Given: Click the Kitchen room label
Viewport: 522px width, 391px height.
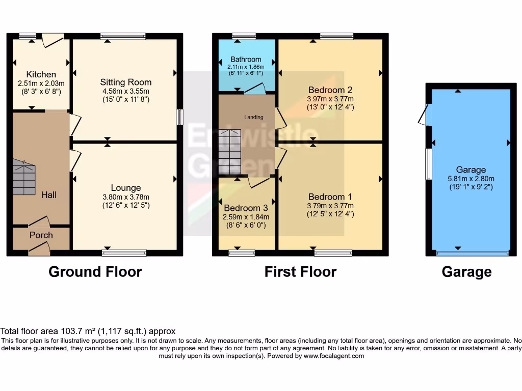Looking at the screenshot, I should point(41,74).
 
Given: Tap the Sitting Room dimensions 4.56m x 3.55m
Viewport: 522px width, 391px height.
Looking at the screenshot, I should point(125,91).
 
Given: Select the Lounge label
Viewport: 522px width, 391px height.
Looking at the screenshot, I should point(126,188).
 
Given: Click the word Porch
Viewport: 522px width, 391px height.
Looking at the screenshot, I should point(41,235).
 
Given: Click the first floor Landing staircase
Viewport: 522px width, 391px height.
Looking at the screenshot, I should point(229,152).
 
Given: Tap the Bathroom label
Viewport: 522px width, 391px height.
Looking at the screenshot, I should point(246,59).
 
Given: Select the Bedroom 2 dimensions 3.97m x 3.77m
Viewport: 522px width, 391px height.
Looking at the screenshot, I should point(330,99).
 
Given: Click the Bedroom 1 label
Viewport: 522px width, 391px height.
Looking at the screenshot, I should point(330,197).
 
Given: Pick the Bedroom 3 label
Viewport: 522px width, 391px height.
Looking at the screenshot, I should point(246,208).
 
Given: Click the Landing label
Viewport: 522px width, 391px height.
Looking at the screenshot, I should point(254,117).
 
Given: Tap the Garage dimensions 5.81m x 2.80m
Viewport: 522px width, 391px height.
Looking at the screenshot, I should point(471,179).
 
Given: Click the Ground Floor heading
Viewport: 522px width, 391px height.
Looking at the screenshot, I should point(95,272).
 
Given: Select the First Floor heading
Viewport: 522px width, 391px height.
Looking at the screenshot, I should point(300,272).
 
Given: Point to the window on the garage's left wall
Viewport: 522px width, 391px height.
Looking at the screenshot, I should point(429,164).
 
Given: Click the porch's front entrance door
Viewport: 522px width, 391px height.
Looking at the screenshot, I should point(40,248).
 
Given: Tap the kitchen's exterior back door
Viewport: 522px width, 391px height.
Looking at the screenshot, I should point(53,40).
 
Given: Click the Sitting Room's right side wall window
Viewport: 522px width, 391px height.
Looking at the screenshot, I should point(179,117).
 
